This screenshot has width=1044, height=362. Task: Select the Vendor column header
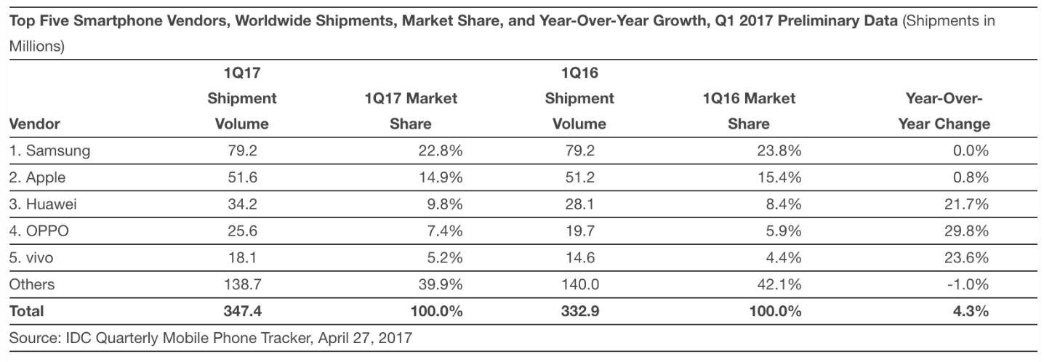pyautogui.click(x=34, y=124)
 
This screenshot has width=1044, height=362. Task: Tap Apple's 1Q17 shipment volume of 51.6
pyautogui.click(x=241, y=178)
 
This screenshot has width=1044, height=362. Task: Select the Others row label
pyautogui.click(x=31, y=285)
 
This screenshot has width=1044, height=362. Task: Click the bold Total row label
pyautogui.click(x=26, y=311)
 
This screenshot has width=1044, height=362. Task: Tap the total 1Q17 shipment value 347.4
pyautogui.click(x=241, y=311)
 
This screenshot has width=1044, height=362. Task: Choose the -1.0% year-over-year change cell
pyautogui.click(x=968, y=285)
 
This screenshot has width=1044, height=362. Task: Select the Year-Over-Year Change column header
pyautogui.click(x=944, y=110)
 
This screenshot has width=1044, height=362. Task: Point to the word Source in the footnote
pyautogui.click(x=32, y=338)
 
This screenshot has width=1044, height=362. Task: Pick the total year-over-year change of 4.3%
pyautogui.click(x=971, y=311)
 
